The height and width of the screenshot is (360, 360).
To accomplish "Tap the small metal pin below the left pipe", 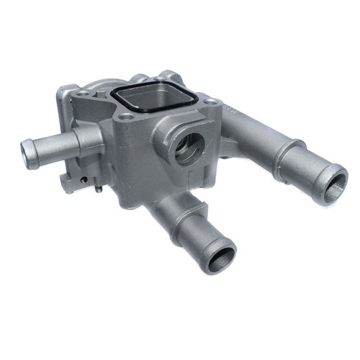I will (x=96, y=190).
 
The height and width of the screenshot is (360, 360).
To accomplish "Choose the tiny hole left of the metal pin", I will (x=85, y=181).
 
